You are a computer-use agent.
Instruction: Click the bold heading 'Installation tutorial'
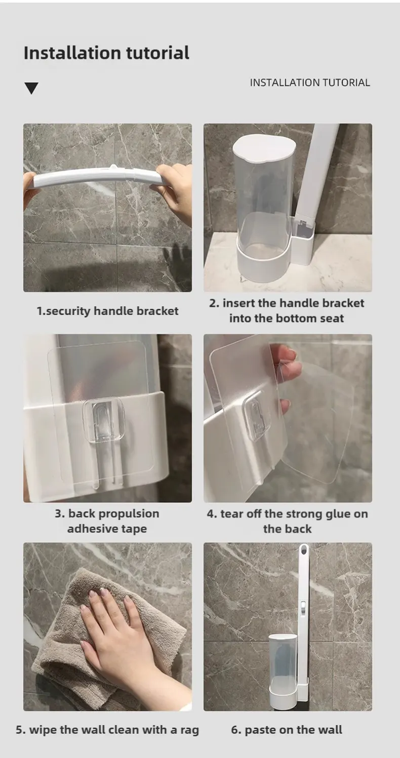pyautogui.click(x=106, y=53)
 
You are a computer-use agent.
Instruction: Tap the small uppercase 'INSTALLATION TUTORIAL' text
pyautogui.click(x=310, y=83)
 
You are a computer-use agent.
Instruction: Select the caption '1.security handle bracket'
pyautogui.click(x=107, y=311)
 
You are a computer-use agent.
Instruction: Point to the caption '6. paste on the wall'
pyautogui.click(x=287, y=729)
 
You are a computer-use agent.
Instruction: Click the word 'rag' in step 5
pyautogui.click(x=190, y=730)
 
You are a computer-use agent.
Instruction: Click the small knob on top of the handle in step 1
pyautogui.click(x=113, y=167)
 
